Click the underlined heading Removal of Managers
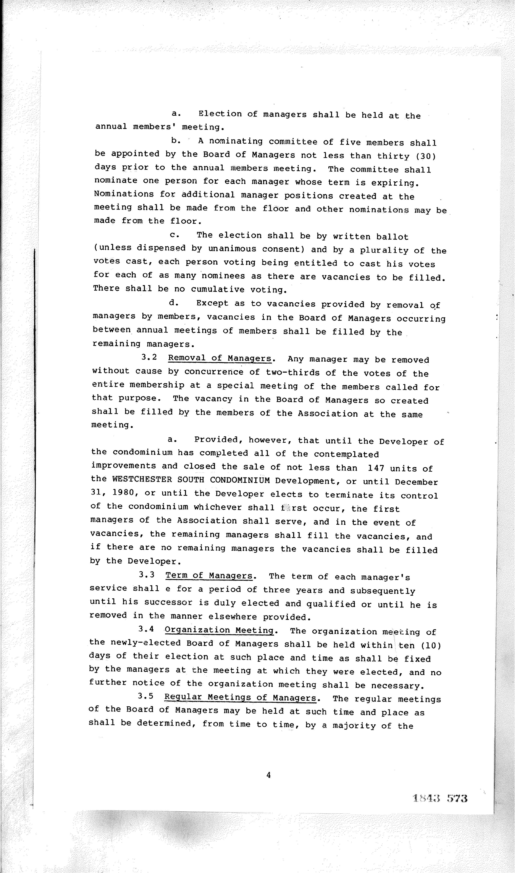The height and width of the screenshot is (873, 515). pyautogui.click(x=220, y=358)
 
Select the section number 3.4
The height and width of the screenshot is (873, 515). pyautogui.click(x=146, y=629)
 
